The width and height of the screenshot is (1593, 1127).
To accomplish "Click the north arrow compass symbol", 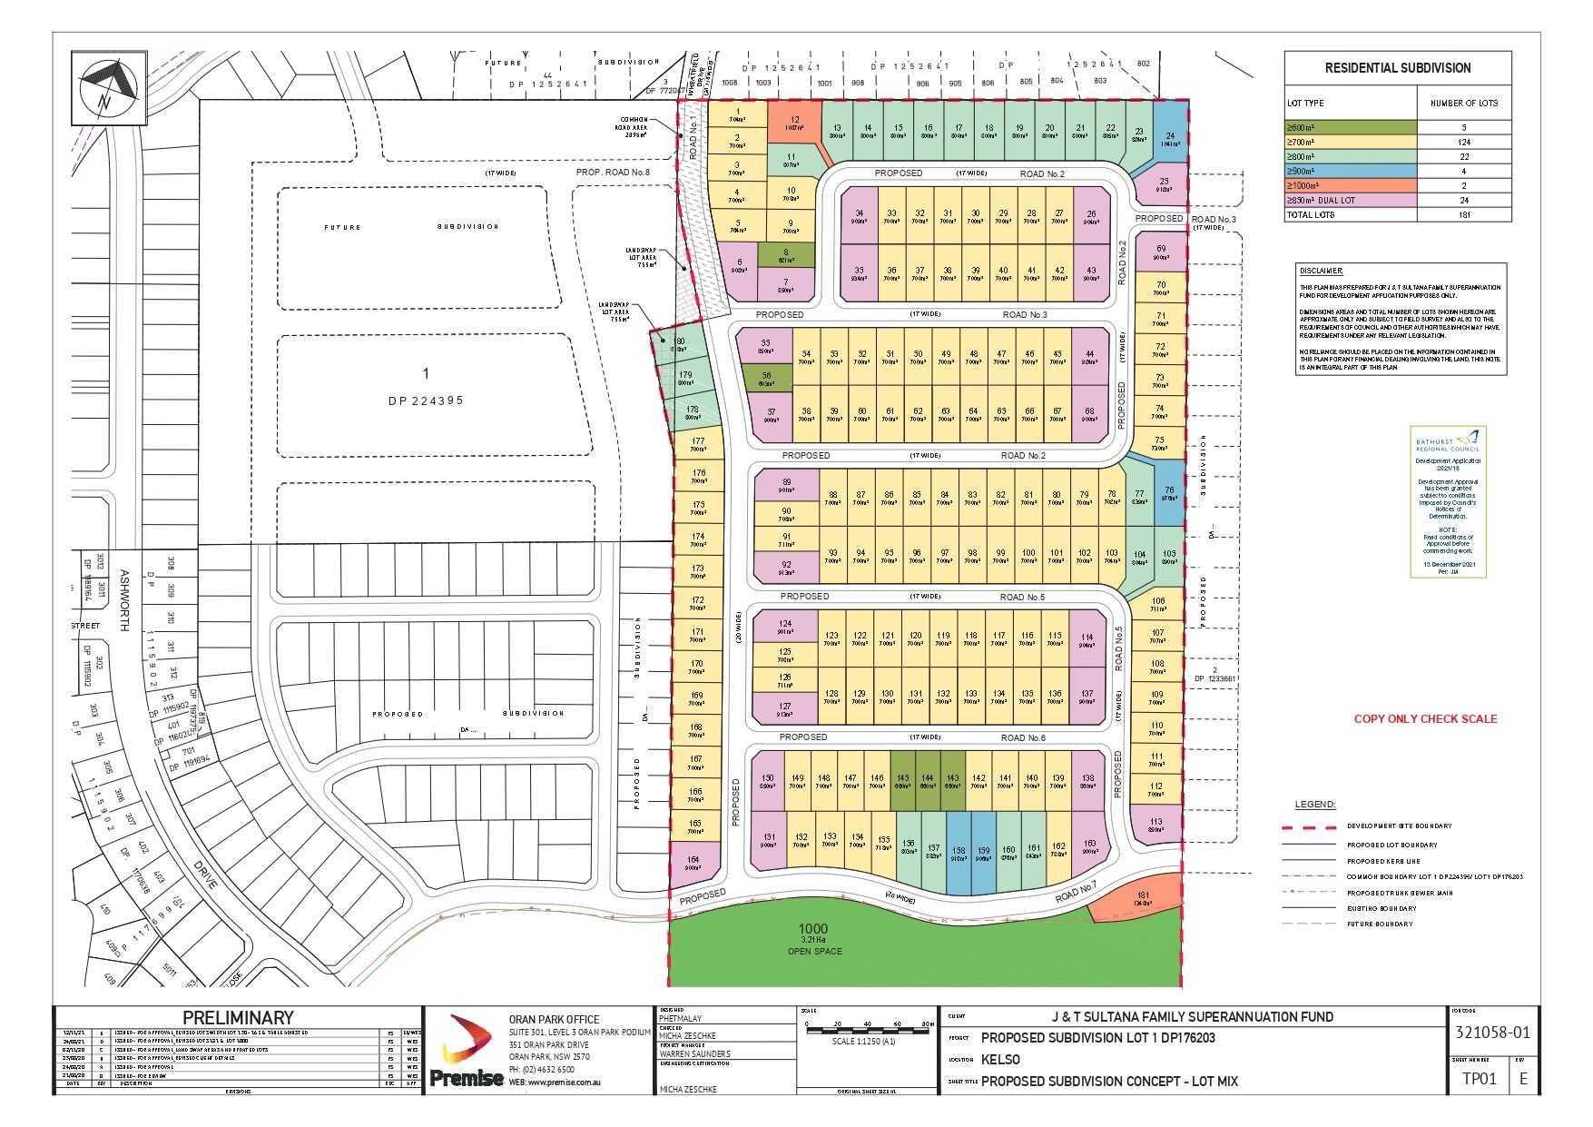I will point(108,86).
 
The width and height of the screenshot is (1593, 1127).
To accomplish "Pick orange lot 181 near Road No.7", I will point(1143,899).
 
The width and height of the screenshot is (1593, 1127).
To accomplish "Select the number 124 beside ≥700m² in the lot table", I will point(1463,143).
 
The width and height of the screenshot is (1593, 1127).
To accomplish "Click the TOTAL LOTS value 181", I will point(1463,215).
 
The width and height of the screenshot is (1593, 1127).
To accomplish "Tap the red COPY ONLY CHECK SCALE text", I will point(1425,718).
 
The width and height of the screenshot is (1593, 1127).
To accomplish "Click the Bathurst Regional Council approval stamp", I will point(1448,501).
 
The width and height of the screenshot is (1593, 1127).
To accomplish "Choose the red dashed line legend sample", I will point(1309,826).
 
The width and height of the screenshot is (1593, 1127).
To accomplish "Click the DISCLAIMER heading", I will point(1321,271).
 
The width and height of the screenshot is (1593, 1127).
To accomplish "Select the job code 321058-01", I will point(1491,1032).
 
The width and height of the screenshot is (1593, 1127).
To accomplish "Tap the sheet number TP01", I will point(1479,1078).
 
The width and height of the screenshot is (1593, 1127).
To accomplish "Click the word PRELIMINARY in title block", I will point(238,1017).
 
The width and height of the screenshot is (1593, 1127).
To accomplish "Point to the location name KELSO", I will point(1000,1059).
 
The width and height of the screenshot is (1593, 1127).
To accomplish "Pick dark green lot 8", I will point(786,255).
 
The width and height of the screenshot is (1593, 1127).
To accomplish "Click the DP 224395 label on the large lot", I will point(426,400).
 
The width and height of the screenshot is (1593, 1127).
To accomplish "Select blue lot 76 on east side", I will point(1169,493).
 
